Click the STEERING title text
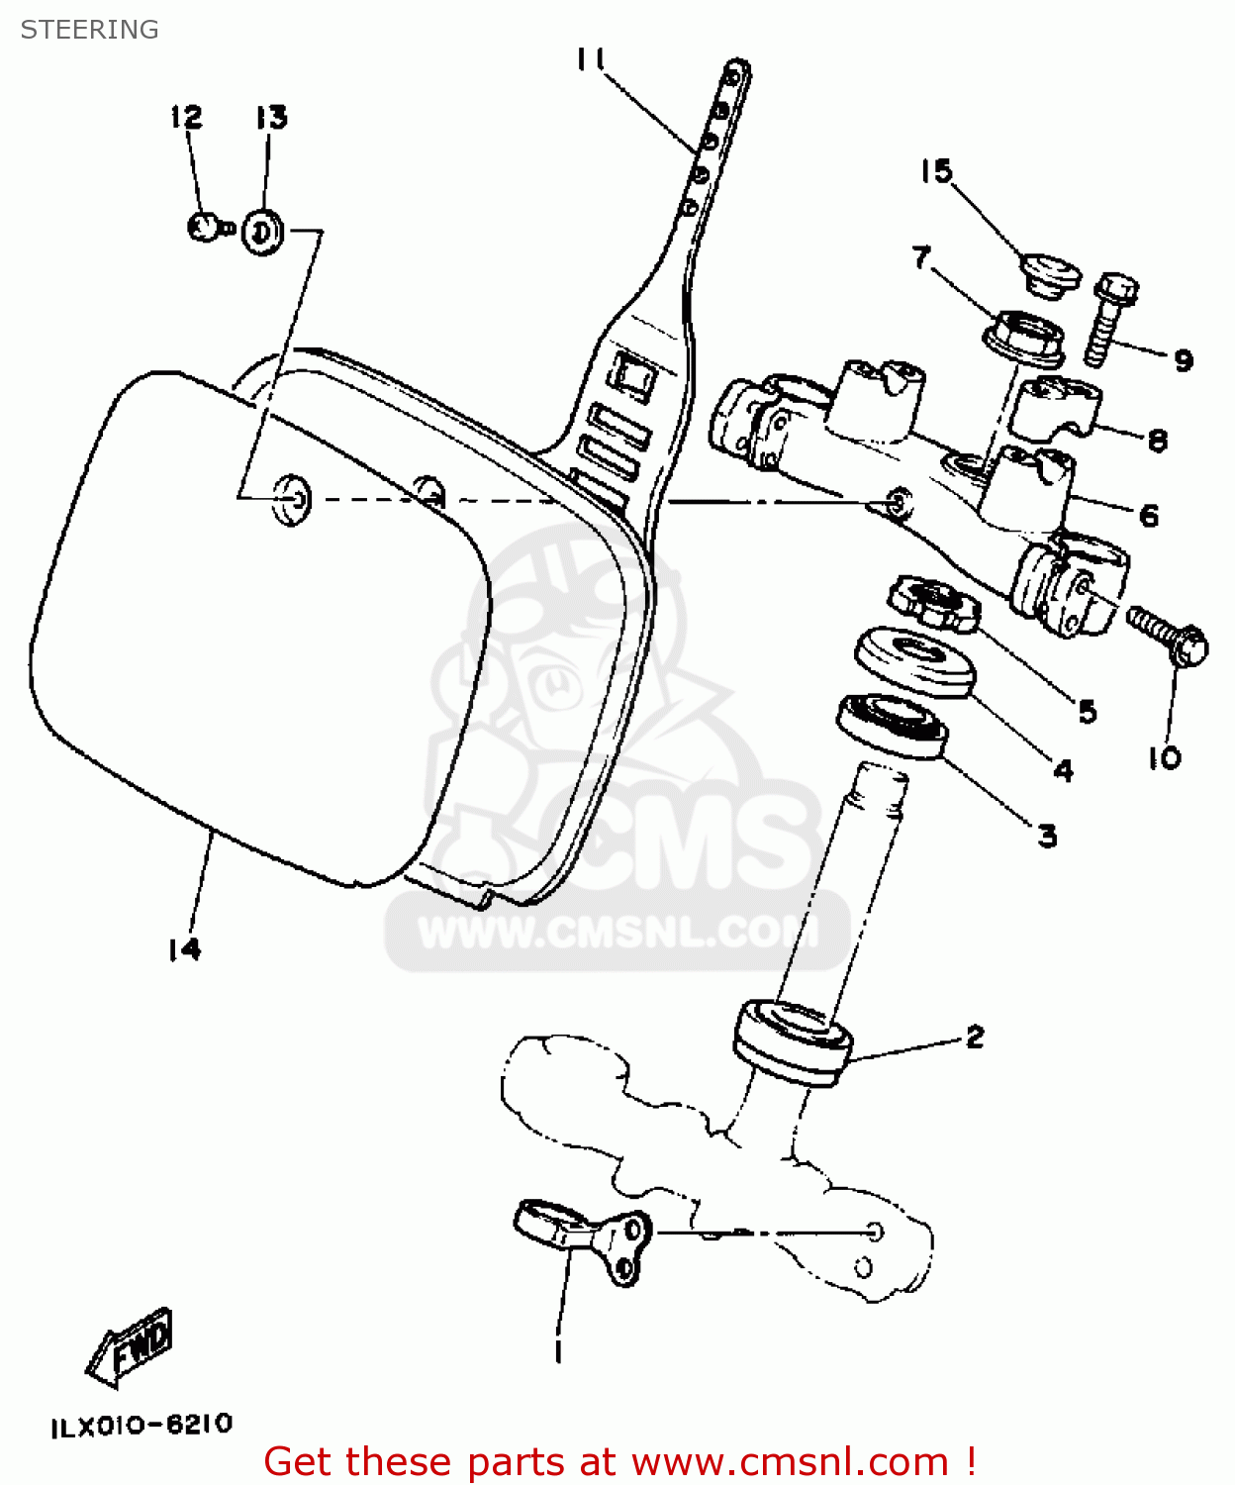(89, 30)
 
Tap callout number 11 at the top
(591, 59)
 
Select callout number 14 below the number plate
(184, 949)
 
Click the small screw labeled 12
(206, 228)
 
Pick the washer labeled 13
(261, 232)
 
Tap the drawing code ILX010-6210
(142, 1426)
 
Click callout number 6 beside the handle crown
(1148, 515)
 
